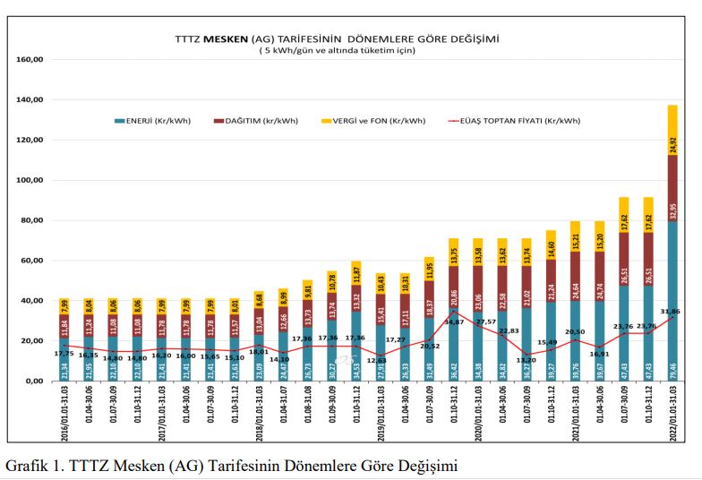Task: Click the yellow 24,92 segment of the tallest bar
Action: click(672, 130)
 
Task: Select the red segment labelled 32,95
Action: click(672, 188)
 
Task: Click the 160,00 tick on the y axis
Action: click(30, 60)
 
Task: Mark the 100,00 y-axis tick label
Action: click(30, 181)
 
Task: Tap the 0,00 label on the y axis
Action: click(34, 381)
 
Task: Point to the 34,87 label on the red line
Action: click(454, 321)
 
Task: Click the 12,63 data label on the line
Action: click(379, 361)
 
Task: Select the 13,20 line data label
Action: click(528, 361)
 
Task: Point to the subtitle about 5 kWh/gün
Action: click(336, 51)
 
